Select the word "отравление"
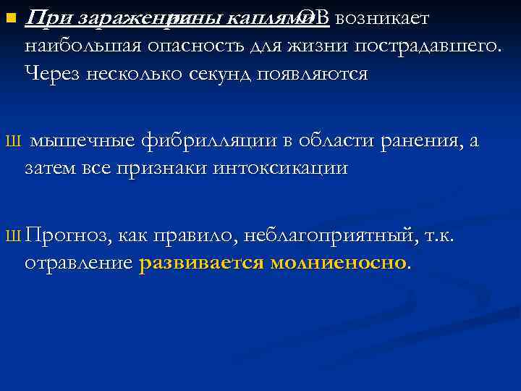point(78,264)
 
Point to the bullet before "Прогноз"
point(9,236)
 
